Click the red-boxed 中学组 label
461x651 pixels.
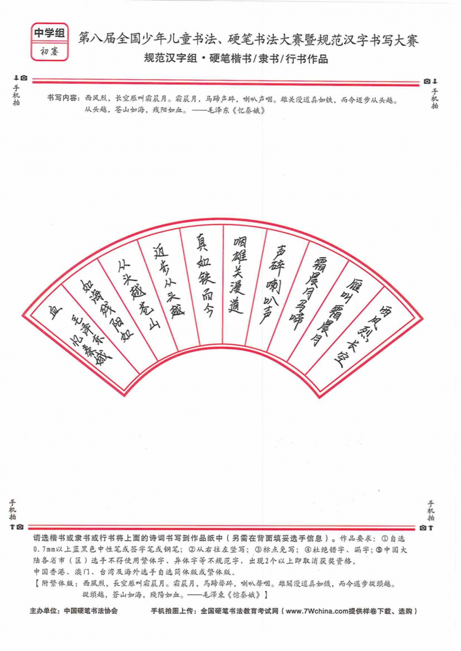(x=49, y=33)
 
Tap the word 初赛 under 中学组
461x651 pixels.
(x=49, y=51)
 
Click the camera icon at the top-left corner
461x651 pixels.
(x=24, y=78)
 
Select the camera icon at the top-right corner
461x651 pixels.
(x=426, y=81)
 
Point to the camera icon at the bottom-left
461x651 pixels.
(x=20, y=527)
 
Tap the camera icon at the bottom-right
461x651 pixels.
(x=423, y=528)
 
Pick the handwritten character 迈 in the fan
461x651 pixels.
(x=160, y=251)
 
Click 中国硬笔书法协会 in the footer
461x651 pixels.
(x=91, y=611)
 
